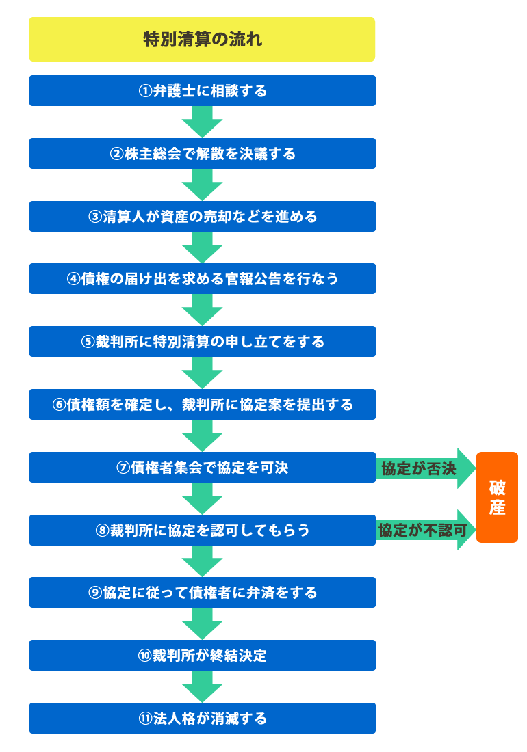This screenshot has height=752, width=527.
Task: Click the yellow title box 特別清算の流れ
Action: [202, 40]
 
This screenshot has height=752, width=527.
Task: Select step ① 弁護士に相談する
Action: [202, 91]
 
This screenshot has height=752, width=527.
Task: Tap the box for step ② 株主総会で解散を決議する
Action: [202, 154]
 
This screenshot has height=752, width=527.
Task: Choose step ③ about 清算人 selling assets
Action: [202, 217]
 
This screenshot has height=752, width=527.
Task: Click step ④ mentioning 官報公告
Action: [202, 279]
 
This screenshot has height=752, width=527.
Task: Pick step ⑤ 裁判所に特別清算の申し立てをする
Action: [202, 342]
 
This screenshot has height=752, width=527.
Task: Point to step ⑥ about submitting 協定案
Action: [202, 405]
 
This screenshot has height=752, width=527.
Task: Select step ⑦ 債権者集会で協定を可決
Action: [202, 468]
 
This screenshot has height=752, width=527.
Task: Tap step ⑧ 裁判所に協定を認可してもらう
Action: [202, 531]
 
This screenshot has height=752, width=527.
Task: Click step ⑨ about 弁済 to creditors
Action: [202, 593]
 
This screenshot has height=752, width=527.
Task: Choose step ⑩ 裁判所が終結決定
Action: [202, 656]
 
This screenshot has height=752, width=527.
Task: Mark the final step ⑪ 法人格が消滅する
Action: [202, 719]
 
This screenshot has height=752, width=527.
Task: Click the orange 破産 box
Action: [497, 498]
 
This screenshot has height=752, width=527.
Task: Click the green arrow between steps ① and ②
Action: [202, 122]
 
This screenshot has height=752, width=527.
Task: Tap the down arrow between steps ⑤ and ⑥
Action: [202, 373]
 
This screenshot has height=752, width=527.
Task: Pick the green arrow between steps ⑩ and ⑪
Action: [202, 686]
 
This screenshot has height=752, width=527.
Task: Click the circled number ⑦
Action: [123, 468]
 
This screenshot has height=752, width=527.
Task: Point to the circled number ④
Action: [73, 279]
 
